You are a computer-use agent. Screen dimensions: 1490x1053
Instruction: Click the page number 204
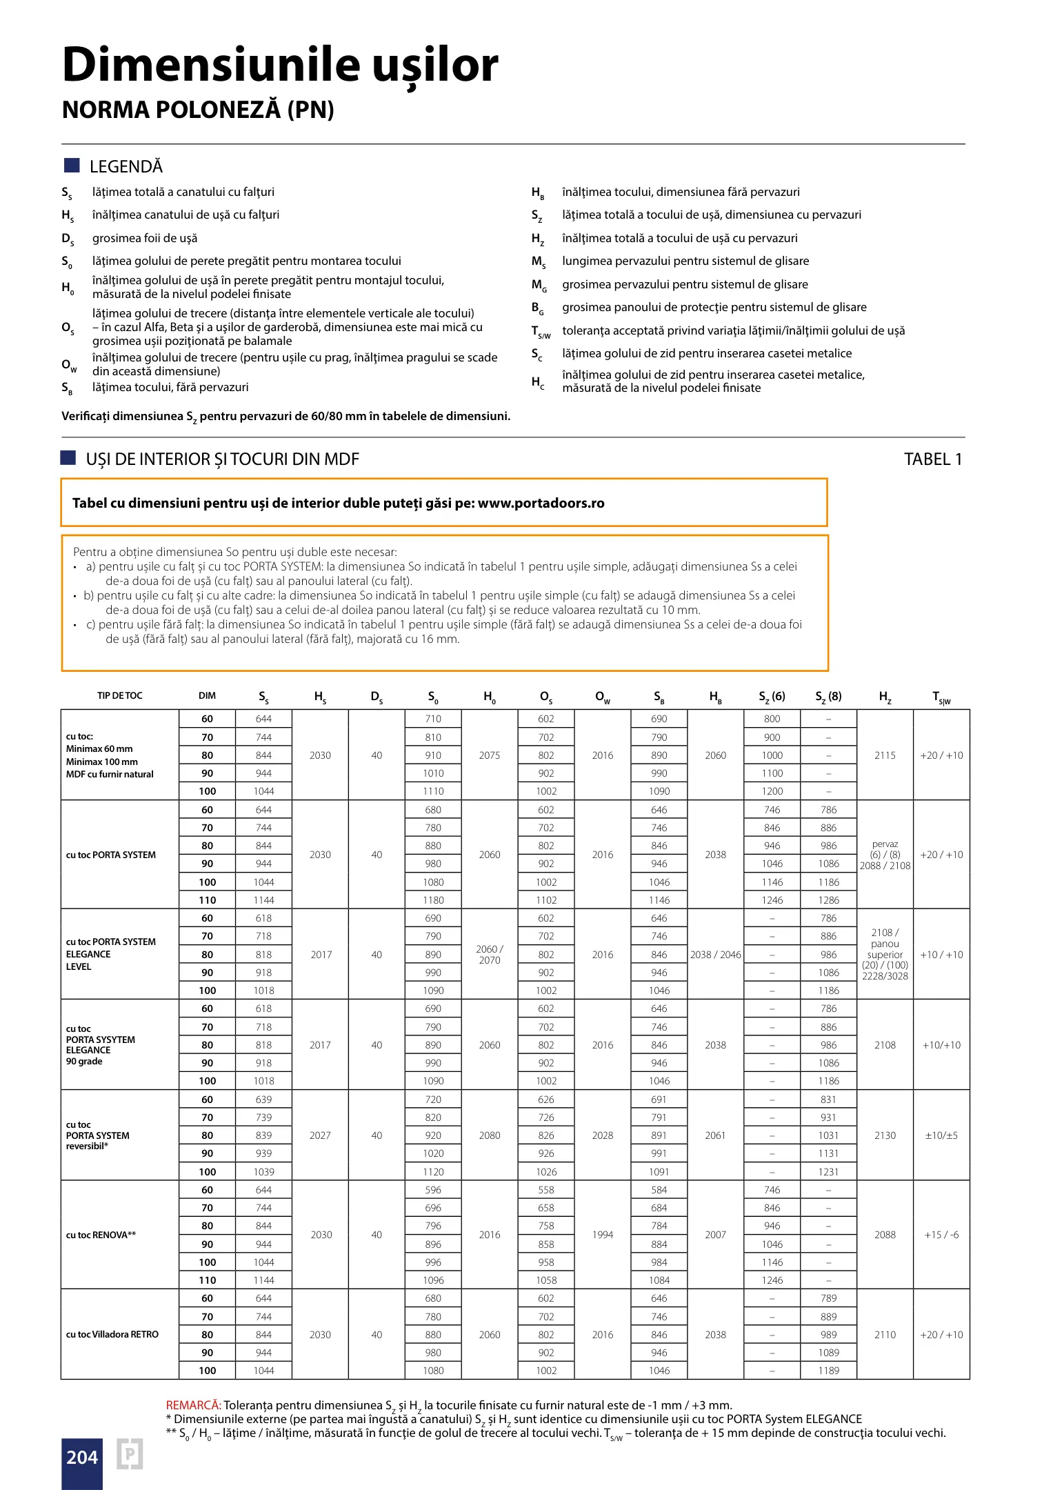82,1457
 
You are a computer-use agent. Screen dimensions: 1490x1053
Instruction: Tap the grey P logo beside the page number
130,1454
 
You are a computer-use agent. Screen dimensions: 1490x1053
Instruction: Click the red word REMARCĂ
193,1405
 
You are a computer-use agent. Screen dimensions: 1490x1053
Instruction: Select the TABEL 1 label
932,459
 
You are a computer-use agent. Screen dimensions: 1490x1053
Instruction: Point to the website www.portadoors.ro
541,503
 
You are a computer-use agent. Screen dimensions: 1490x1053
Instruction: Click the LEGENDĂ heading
126,166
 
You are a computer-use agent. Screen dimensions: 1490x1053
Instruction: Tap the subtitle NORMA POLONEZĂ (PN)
198,110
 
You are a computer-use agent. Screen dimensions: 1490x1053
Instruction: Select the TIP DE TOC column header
119,695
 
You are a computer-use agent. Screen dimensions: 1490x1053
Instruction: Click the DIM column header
207,695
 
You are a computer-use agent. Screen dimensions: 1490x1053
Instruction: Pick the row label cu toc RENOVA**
101,1235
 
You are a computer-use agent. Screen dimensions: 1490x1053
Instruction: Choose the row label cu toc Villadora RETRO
112,1334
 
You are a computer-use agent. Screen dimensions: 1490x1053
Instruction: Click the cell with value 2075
490,755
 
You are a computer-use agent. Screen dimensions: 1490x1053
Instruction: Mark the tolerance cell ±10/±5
941,1135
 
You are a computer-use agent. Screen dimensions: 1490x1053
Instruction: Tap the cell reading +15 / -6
941,1235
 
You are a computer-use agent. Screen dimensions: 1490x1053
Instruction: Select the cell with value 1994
603,1235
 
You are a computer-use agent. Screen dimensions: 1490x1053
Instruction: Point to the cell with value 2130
885,1135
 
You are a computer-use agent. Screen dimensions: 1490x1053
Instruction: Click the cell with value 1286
828,900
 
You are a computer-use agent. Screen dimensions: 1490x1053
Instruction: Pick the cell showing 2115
885,755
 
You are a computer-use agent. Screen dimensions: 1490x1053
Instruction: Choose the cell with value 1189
828,1371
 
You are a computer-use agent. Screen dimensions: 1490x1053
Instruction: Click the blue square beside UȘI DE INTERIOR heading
68,457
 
